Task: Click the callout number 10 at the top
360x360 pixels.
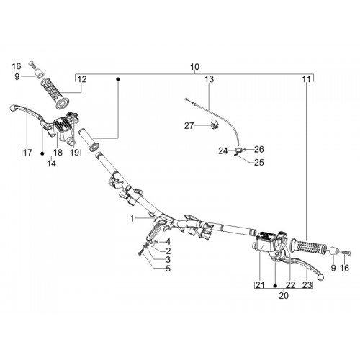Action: tap(194, 67)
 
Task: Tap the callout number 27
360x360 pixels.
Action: tap(189, 125)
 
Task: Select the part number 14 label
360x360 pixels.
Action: tap(52, 163)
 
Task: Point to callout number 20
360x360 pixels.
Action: tap(284, 296)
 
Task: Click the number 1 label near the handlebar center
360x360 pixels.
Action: tap(132, 219)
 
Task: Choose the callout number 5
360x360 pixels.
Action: tap(168, 269)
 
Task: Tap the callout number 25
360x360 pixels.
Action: tap(259, 163)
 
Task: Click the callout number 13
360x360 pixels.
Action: tap(210, 79)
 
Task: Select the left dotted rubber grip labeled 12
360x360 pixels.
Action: tap(55, 92)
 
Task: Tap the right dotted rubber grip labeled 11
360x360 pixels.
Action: tap(309, 246)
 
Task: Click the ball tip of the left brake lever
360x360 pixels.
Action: tap(12, 108)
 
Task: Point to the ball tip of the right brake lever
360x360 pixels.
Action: tap(320, 277)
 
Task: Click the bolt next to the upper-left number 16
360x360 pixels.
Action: tap(32, 64)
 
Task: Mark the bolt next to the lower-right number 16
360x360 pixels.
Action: tap(348, 253)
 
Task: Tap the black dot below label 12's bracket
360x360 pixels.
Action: tap(118, 79)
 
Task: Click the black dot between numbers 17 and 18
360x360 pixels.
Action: tap(42, 153)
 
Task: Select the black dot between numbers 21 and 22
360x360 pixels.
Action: tap(275, 286)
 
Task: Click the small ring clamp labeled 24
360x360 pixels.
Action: tap(238, 150)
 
